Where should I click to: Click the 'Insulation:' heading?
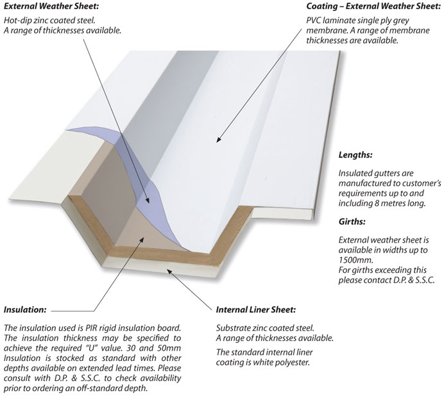click(x=25, y=309)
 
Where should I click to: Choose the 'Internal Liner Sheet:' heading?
click(x=255, y=310)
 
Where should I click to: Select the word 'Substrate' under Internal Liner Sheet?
click(x=234, y=327)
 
